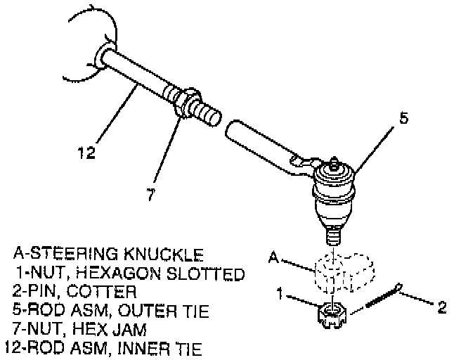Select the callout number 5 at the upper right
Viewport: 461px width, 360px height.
403,118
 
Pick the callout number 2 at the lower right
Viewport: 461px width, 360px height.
441,307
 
